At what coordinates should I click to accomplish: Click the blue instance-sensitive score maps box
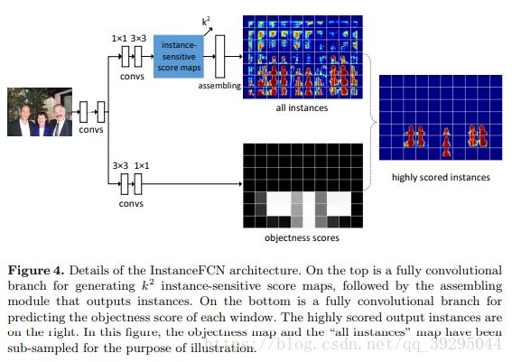coord(179,57)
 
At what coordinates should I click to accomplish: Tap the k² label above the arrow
coord(206,22)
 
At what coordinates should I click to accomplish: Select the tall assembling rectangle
coord(220,57)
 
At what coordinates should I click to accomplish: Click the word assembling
coord(219,86)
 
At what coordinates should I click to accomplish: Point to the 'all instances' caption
coord(302,107)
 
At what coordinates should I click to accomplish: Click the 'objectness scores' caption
coord(302,237)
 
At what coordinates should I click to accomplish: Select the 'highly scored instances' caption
coord(441,177)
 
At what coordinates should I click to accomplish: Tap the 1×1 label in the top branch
coord(119,39)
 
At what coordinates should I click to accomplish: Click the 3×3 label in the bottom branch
coord(120,166)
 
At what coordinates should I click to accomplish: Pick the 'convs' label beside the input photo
coord(91,130)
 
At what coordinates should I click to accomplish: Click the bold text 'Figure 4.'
coord(36,271)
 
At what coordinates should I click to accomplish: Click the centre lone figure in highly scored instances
coord(446,143)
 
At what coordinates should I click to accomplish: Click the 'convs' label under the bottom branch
coord(131,204)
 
